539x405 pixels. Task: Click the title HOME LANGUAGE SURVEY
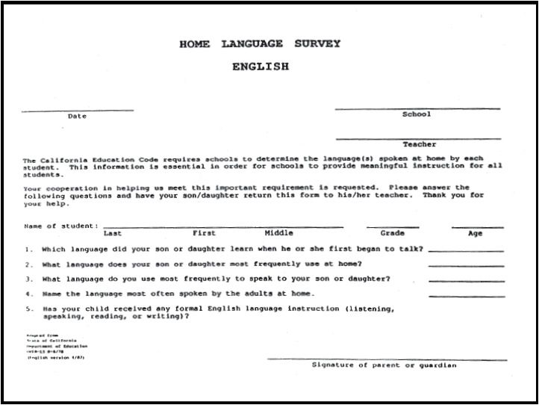(x=260, y=44)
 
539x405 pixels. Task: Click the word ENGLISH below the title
(x=260, y=67)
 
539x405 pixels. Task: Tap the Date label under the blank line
(x=77, y=117)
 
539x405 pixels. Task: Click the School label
(x=417, y=114)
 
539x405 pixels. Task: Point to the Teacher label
(x=419, y=144)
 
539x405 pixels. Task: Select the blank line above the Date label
(x=77, y=111)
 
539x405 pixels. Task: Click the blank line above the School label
(x=417, y=109)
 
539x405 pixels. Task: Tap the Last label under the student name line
(x=113, y=233)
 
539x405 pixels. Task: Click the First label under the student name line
(x=204, y=233)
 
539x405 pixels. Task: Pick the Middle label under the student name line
(x=278, y=233)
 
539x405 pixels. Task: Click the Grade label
(x=392, y=233)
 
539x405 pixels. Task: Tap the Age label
(x=475, y=233)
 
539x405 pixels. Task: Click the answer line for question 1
(x=466, y=251)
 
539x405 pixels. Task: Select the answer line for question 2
(x=466, y=266)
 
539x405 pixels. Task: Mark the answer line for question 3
(x=466, y=281)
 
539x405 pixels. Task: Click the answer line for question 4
(x=466, y=296)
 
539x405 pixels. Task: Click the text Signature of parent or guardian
(x=384, y=365)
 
